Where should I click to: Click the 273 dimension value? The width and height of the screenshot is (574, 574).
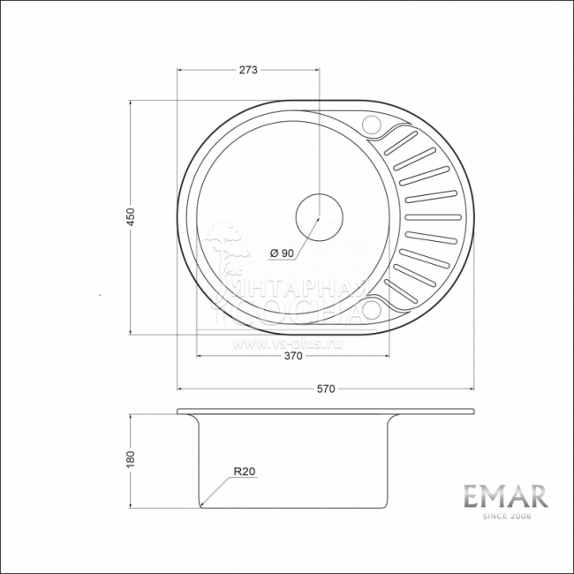[247, 72]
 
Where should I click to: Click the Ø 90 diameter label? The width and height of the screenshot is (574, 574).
[281, 253]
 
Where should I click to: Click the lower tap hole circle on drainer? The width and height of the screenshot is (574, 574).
[370, 309]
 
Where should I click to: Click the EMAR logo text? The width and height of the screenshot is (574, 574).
[506, 496]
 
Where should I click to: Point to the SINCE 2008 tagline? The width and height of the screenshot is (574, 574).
[506, 516]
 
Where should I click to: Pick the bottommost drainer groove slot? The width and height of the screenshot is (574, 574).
[405, 293]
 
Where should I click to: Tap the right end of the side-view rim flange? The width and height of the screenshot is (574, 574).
[474, 412]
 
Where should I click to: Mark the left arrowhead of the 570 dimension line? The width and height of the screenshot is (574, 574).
[180, 389]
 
